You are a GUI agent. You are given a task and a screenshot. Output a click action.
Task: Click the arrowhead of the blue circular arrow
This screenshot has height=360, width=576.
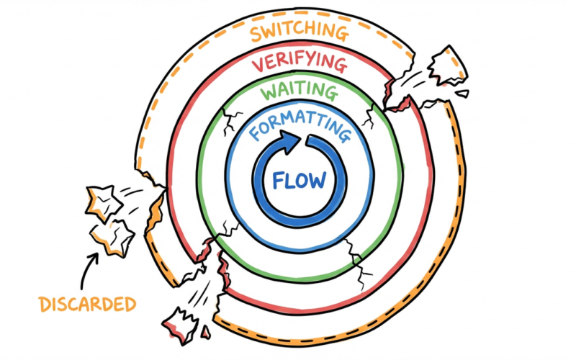tap(289, 138)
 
